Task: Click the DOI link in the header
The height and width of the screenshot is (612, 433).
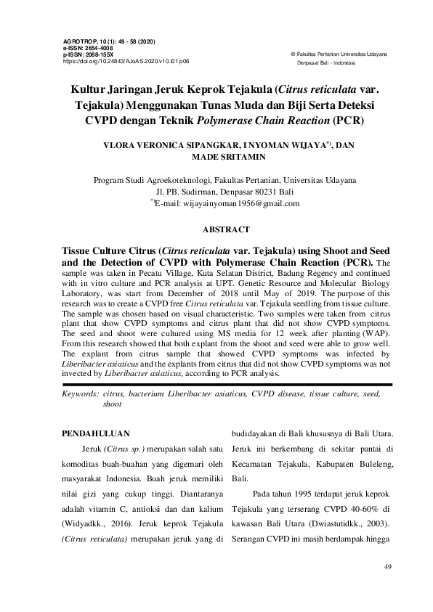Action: click(x=126, y=62)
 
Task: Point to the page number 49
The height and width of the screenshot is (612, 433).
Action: click(x=387, y=564)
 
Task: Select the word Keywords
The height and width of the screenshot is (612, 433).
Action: click(x=78, y=393)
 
